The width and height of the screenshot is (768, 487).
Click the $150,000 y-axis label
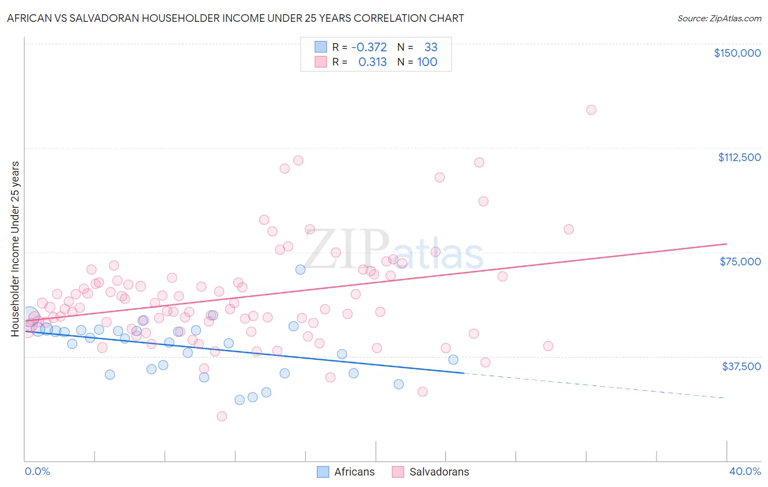[737, 53]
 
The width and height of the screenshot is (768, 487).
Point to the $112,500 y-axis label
[739, 157]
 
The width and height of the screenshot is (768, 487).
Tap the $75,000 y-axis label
[740, 262]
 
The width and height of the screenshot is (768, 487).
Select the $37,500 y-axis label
[741, 366]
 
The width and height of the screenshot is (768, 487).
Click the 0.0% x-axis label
[37, 471]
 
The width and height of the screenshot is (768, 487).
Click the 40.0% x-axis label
[745, 471]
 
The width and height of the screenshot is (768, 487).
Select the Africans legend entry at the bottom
[346, 472]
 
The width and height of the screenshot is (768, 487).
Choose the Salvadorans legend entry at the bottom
[430, 472]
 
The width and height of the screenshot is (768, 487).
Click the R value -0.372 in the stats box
[369, 47]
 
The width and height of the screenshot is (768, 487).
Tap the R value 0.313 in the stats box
[372, 62]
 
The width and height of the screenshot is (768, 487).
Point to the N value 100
[427, 62]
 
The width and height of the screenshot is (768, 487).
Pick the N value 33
[430, 47]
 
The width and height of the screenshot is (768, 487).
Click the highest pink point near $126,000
[591, 110]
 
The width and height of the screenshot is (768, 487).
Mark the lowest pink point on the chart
[222, 416]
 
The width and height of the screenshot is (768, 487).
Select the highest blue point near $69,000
[300, 270]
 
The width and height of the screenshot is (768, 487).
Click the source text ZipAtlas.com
[719, 19]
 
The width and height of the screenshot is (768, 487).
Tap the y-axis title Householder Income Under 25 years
[15, 248]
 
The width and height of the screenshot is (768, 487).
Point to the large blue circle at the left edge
[30, 316]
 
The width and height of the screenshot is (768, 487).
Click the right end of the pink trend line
[726, 243]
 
